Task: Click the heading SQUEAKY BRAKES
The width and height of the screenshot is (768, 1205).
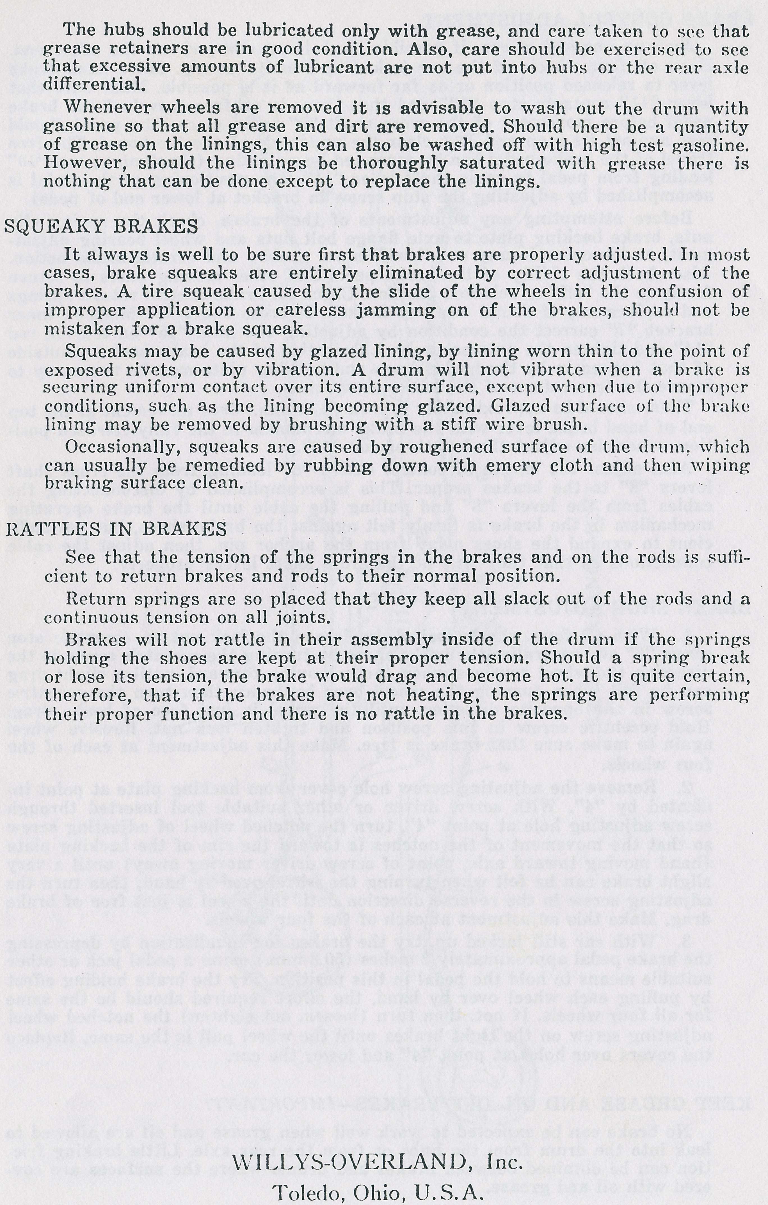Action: pos(101,227)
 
